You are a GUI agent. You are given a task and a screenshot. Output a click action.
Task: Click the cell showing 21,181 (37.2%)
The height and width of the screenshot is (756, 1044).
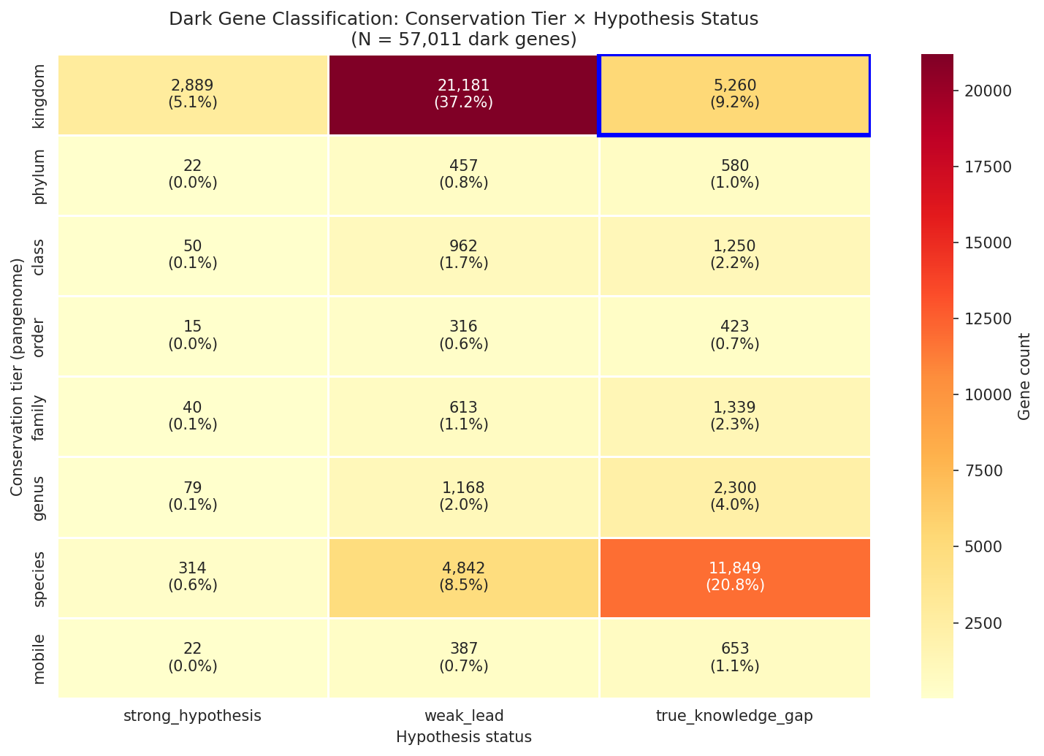463,94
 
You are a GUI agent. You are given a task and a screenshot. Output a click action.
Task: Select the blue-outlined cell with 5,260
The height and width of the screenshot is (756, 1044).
734,94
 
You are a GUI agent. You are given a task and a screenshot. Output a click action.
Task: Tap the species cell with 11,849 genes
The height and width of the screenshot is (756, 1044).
734,577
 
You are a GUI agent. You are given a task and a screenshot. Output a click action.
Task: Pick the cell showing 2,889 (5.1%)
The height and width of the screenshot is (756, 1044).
193,94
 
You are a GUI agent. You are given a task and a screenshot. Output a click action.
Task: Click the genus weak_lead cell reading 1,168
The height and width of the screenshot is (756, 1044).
463,496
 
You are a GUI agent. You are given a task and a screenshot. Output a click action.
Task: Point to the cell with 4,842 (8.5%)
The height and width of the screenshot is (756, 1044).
463,577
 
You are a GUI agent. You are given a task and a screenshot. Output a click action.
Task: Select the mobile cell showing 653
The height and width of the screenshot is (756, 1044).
734,657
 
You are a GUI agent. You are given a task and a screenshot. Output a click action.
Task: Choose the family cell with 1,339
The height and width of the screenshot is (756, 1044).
734,416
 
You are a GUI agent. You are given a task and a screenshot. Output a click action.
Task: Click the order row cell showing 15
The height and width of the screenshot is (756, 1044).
193,335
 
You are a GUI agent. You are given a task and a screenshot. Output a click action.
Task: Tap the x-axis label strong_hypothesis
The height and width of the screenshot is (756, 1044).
193,717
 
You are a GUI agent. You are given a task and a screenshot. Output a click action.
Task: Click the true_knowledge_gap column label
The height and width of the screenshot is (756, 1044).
734,717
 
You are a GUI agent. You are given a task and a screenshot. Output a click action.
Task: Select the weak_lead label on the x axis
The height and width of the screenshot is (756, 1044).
463,717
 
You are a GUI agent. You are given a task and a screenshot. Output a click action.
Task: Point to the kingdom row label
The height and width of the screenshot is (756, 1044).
39,96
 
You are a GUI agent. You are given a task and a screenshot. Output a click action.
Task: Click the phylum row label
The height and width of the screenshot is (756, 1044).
39,176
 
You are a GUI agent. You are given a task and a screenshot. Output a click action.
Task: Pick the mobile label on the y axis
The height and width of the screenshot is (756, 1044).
39,658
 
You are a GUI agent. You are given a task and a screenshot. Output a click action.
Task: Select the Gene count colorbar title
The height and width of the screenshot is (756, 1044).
1024,377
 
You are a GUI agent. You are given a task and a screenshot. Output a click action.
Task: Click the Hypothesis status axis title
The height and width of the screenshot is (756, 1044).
463,737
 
